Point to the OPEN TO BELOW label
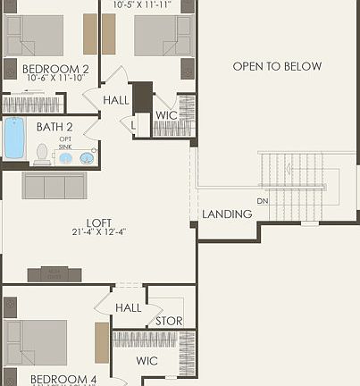[x=277, y=67]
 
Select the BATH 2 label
[x=54, y=127]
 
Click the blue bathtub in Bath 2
[x=14, y=138]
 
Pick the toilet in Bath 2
[x=41, y=155]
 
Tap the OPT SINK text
[x=65, y=143]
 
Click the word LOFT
[x=98, y=222]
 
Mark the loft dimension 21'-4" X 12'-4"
[x=98, y=233]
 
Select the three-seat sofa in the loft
[x=54, y=186]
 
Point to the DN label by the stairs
[x=263, y=201]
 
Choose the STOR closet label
[x=169, y=322]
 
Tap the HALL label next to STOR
[x=128, y=308]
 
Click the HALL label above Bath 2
[x=116, y=100]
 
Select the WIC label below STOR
[x=147, y=362]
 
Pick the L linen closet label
[x=134, y=126]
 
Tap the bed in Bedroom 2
[x=35, y=36]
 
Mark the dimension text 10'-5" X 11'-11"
[x=141, y=4]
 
